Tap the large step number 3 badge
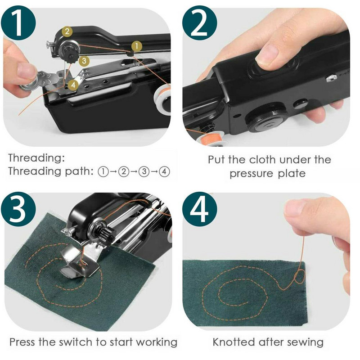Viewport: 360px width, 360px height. pos(19,210)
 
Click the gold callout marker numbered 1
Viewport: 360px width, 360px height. pos(135,45)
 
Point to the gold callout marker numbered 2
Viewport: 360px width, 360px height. pos(67,31)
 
